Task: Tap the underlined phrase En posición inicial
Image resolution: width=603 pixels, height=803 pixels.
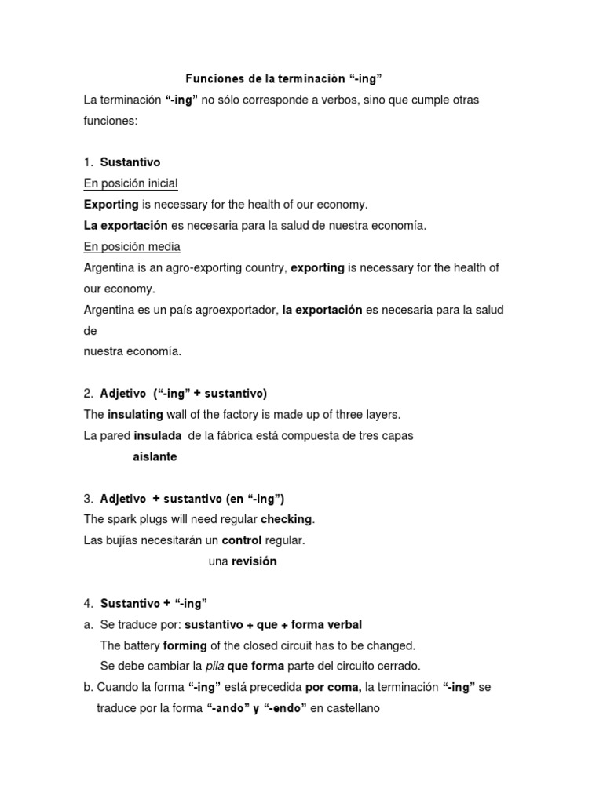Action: tap(131, 183)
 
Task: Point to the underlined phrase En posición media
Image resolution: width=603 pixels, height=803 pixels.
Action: tap(132, 246)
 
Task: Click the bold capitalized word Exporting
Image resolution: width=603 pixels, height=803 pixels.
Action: tap(111, 205)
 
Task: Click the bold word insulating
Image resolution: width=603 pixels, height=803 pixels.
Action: tap(135, 414)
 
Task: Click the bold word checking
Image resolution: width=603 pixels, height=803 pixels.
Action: tap(286, 519)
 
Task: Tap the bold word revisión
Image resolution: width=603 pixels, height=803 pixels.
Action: tap(254, 561)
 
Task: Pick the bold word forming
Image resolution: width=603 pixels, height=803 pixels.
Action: tap(185, 645)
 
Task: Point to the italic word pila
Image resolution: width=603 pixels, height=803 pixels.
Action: tap(214, 667)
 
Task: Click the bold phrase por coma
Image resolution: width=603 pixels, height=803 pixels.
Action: tap(333, 688)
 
